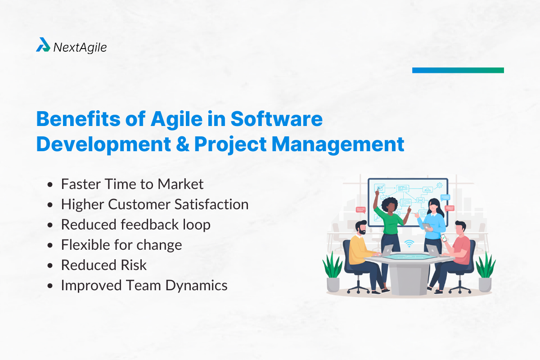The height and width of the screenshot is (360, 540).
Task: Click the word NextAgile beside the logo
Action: pyautogui.click(x=80, y=46)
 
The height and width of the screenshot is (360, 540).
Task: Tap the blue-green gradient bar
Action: pyautogui.click(x=458, y=70)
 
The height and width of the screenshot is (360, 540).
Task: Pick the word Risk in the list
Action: pyautogui.click(x=134, y=265)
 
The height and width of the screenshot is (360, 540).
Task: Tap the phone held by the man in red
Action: pyautogui.click(x=443, y=238)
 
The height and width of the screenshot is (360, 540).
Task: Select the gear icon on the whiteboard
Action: pyautogui.click(x=440, y=185)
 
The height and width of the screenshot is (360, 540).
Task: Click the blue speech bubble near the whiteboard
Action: pyautogui.click(x=445, y=197)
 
